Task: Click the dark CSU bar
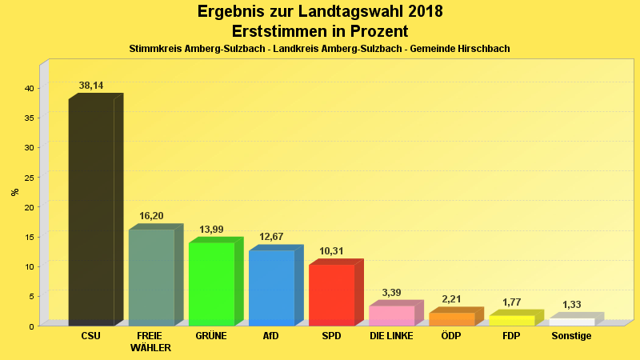coord(91,212)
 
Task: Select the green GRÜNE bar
coord(211,284)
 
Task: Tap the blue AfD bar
coord(271,288)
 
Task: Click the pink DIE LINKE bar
coord(391,315)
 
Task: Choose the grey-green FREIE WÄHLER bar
coord(151,277)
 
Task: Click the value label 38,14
coord(91,86)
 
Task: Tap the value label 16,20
coord(151,216)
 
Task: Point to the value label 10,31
coord(331,251)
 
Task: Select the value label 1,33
coord(571,305)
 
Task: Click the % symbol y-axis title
coord(14,192)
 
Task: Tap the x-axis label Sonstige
coord(571,336)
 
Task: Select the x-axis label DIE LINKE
coord(391,336)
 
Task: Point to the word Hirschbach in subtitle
coord(482,49)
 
